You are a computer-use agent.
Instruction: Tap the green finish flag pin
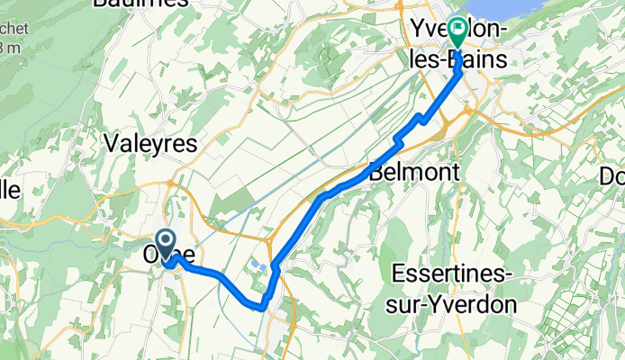(x=457, y=33)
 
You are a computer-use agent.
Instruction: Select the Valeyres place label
(x=150, y=143)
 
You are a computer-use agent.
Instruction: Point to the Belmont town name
(x=415, y=172)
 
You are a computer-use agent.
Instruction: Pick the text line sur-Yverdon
(x=454, y=304)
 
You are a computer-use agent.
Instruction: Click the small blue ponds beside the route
(x=260, y=266)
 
